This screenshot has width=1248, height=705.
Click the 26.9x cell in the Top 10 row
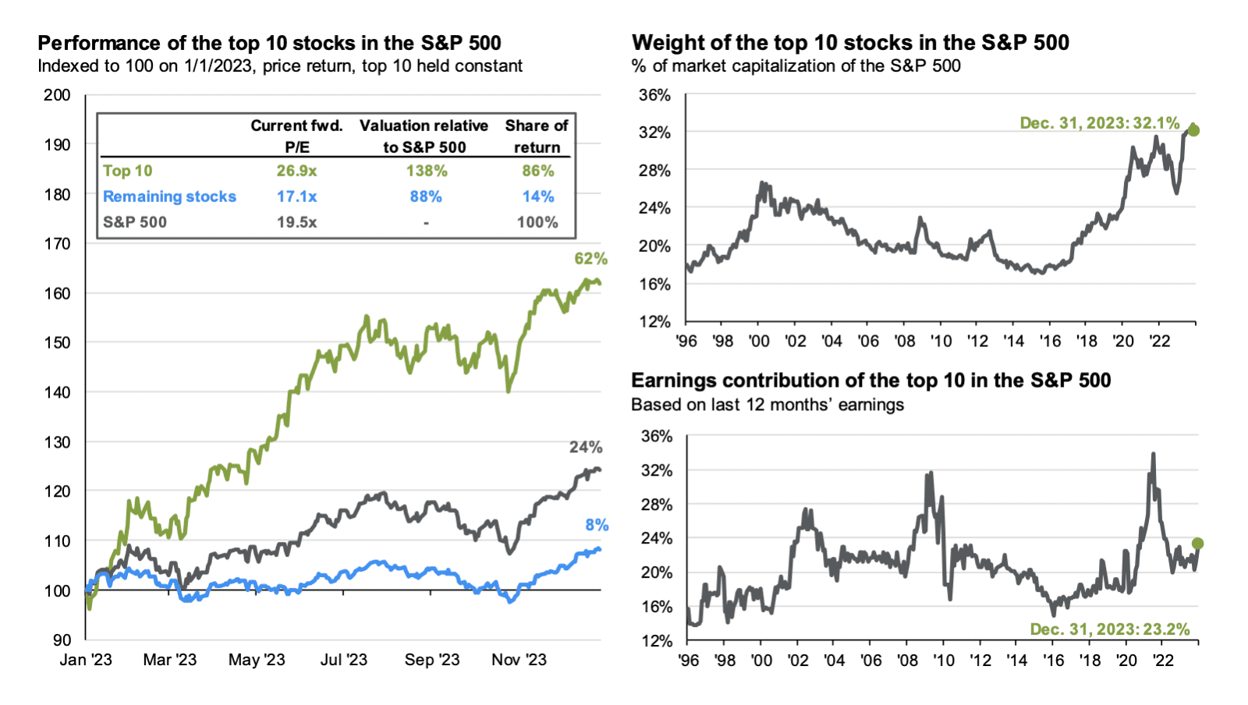pyautogui.click(x=296, y=171)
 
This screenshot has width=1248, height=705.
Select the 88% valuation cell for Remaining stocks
pyautogui.click(x=426, y=197)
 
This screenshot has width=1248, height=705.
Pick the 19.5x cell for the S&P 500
pyautogui.click(x=296, y=222)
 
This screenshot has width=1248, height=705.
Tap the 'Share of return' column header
pyautogui.click(x=537, y=136)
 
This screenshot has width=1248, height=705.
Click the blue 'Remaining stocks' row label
pyautogui.click(x=169, y=197)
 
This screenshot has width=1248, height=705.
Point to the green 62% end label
pyautogui.click(x=590, y=259)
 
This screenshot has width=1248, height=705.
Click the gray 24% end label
pyautogui.click(x=585, y=448)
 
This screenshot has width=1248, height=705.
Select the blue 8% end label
pyautogui.click(x=597, y=526)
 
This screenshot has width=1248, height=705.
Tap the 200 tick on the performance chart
pyautogui.click(x=57, y=95)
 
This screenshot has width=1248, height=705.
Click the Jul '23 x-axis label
pyautogui.click(x=343, y=660)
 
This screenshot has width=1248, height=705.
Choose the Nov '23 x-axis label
pyautogui.click(x=519, y=660)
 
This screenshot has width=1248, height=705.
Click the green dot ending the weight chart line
pyautogui.click(x=1193, y=130)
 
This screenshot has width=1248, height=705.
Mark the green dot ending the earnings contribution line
pyautogui.click(x=1197, y=544)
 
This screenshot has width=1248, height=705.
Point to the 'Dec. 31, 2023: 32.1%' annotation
pyautogui.click(x=1099, y=123)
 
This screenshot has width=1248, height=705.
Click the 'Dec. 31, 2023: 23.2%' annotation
pyautogui.click(x=1109, y=629)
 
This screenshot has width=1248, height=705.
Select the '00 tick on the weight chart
pyautogui.click(x=759, y=341)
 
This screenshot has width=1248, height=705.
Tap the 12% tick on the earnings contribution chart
pyautogui.click(x=656, y=640)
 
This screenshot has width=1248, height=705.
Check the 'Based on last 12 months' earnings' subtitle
pyautogui.click(x=768, y=405)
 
